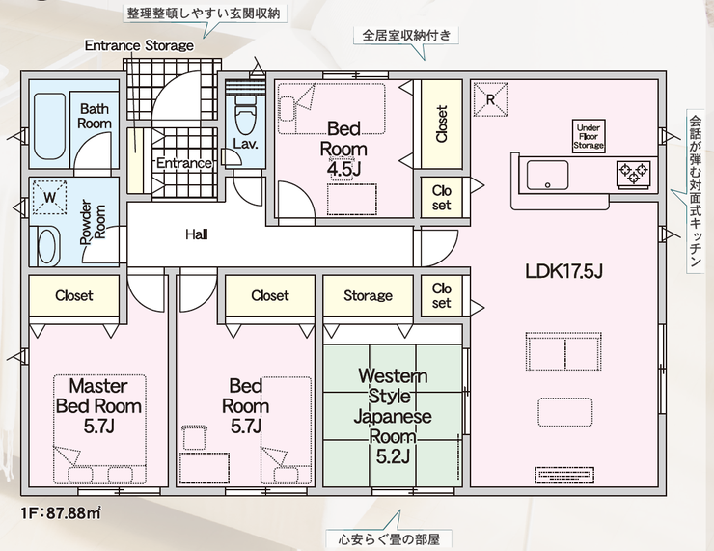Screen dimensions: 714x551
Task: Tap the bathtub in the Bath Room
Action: [49, 126]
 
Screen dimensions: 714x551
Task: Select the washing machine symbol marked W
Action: [50, 198]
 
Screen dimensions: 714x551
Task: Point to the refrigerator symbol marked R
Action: [490, 99]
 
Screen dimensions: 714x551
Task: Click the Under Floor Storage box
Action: [589, 136]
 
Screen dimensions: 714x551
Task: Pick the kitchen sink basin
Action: [547, 176]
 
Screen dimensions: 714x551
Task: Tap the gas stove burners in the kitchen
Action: [635, 174]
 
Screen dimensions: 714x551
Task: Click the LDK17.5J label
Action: [563, 271]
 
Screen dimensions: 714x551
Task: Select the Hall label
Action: [197, 235]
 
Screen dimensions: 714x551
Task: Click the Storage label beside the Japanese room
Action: [368, 296]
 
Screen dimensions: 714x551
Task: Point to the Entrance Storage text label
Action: [139, 45]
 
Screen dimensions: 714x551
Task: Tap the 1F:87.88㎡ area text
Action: [61, 513]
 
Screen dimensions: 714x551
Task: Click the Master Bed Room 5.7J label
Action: [98, 405]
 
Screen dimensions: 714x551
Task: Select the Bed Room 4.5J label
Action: [343, 149]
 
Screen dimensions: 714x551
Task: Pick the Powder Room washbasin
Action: [47, 246]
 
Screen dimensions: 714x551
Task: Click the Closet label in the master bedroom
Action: [73, 296]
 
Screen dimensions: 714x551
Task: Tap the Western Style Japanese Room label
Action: [393, 416]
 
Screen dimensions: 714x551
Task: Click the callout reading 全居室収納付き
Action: [406, 35]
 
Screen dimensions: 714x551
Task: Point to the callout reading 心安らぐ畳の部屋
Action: [389, 540]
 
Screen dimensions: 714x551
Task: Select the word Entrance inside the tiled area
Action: [184, 163]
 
